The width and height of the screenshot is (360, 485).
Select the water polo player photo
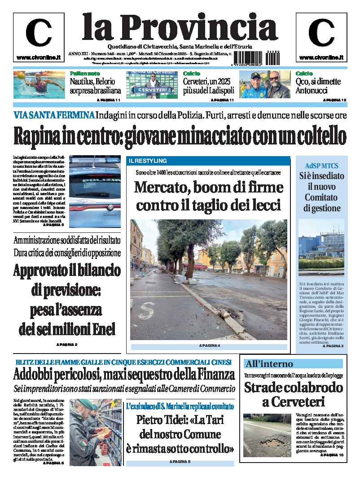pyautogui.click(x=39, y=84)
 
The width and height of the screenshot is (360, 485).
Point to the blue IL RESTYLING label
pyautogui.click(x=148, y=161)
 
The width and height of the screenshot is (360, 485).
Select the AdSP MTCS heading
pyautogui.click(x=321, y=165)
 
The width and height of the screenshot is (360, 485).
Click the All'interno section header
pyautogui.click(x=269, y=364)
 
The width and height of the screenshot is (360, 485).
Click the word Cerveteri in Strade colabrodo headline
pyautogui.click(x=293, y=402)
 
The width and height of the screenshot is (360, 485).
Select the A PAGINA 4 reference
pyautogui.click(x=209, y=346)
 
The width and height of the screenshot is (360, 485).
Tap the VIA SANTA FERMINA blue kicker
pyautogui.click(x=54, y=115)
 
